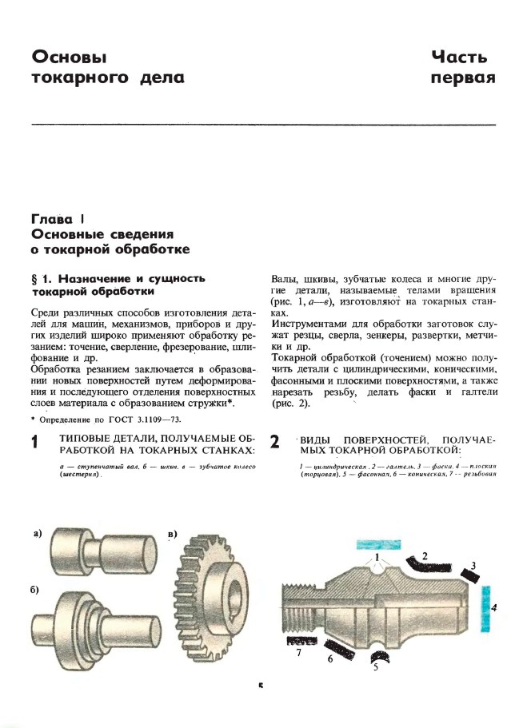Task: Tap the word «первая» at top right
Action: [463, 78]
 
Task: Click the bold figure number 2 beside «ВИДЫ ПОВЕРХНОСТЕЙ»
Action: [274, 443]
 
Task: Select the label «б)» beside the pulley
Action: [34, 591]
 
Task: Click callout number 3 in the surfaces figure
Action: [473, 565]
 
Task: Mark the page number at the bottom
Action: [261, 685]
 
